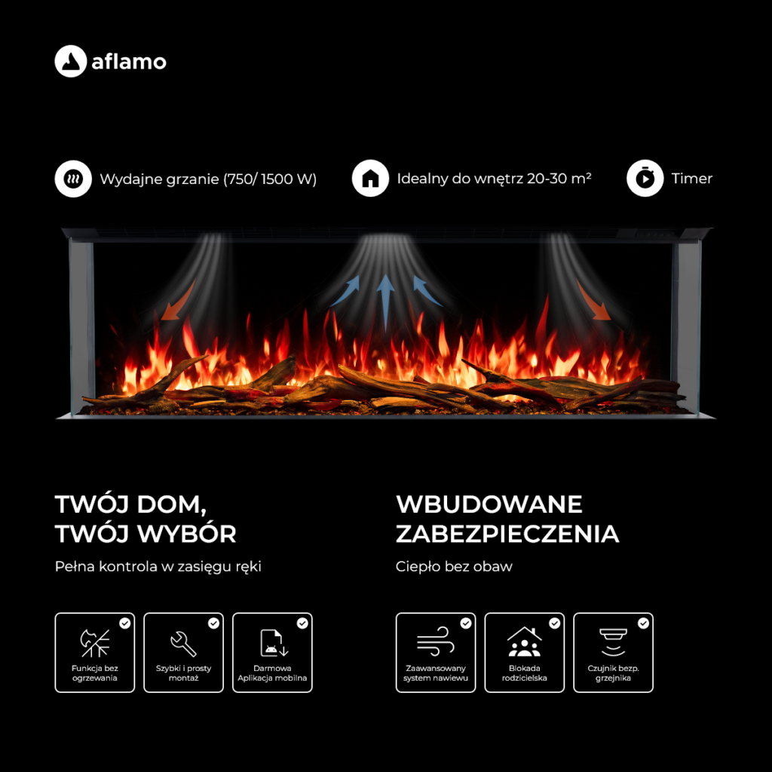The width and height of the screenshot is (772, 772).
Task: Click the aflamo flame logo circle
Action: click(70, 61)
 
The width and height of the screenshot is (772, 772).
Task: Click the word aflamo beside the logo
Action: click(129, 62)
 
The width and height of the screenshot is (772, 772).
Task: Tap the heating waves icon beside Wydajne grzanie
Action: click(73, 178)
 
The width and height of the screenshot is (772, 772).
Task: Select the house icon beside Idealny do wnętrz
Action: click(370, 178)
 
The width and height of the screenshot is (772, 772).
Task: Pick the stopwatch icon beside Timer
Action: click(645, 178)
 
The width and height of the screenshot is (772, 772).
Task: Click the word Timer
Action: click(692, 178)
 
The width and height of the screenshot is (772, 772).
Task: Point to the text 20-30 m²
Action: click(559, 178)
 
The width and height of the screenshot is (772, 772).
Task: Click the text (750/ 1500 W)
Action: click(270, 179)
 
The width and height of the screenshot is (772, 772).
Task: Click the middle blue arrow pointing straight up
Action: click(385, 302)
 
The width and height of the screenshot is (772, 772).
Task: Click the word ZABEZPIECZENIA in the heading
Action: click(507, 535)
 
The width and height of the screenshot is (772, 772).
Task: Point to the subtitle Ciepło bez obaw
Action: click(454, 567)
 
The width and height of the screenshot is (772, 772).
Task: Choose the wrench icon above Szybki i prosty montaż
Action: click(183, 644)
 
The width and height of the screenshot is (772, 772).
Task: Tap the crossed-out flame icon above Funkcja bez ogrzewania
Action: click(94, 644)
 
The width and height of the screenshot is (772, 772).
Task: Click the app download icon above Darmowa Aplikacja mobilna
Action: click(274, 643)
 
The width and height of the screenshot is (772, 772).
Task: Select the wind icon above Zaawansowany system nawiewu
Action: click(435, 642)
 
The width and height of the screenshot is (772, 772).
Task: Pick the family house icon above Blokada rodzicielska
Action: click(525, 642)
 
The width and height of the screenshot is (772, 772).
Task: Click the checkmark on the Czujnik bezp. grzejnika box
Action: click(643, 623)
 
